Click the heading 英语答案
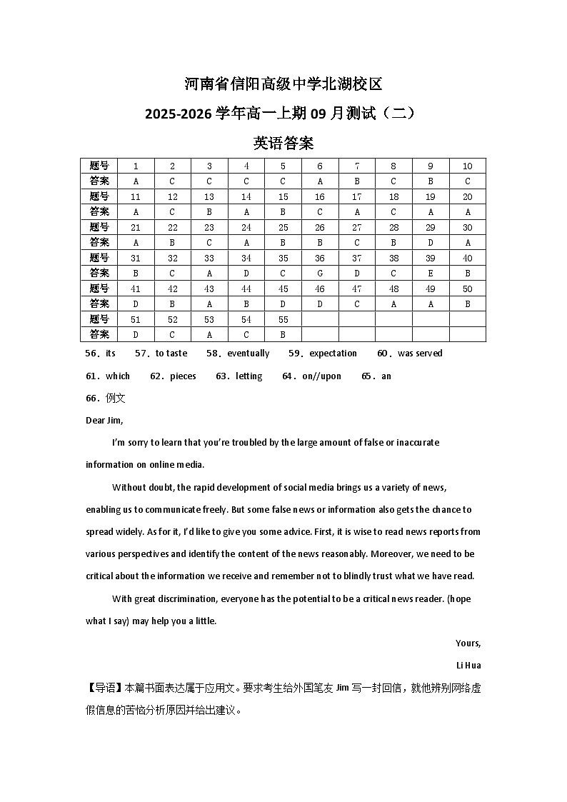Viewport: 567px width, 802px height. pos(283,143)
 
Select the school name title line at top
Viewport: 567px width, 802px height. pos(283,84)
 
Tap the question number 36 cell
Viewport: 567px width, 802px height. pos(319,258)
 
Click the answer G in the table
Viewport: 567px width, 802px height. pos(319,273)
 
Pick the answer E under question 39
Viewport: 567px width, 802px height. pos(430,273)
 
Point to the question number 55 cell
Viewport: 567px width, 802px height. pos(283,319)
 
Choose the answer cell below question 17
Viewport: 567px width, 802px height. pos(356,211)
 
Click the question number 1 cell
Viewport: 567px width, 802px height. pos(136,166)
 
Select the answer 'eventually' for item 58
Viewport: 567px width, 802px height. pos(248,354)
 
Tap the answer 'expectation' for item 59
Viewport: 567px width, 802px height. pos(333,354)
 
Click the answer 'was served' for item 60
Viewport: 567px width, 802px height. pos(420,354)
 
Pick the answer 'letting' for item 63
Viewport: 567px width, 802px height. pos(249,376)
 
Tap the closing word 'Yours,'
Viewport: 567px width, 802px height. pos(468,643)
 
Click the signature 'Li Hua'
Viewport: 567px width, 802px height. pos(468,666)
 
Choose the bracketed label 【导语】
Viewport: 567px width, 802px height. pos(104,688)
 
